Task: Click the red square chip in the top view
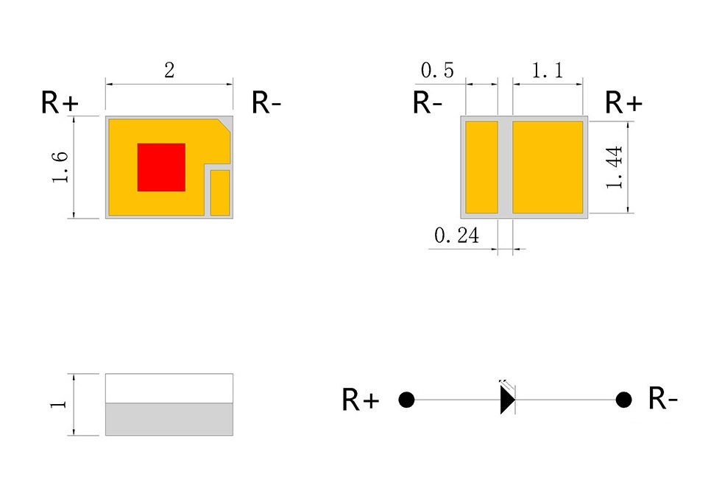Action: coord(161,167)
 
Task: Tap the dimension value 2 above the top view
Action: coord(169,71)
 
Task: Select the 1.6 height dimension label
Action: coord(60,167)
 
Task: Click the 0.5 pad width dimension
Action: coord(437,71)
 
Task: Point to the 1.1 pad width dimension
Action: coord(548,71)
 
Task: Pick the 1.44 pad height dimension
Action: coord(615,167)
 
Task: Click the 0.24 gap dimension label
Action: coord(456,236)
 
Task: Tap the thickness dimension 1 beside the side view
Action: coord(58,404)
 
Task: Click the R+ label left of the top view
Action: coord(60,102)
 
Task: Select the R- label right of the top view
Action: coord(266,102)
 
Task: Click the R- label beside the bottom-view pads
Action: coord(428,102)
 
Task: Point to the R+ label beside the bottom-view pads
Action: coord(623,102)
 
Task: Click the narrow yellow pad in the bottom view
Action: coord(481,167)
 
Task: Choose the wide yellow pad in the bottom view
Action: coord(548,167)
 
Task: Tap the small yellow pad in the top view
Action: coord(220,192)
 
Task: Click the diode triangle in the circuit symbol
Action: coord(508,400)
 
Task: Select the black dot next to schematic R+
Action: coord(406,400)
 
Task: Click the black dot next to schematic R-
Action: coord(623,400)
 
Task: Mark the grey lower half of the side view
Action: coord(169,420)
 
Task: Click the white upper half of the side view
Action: coord(169,389)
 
